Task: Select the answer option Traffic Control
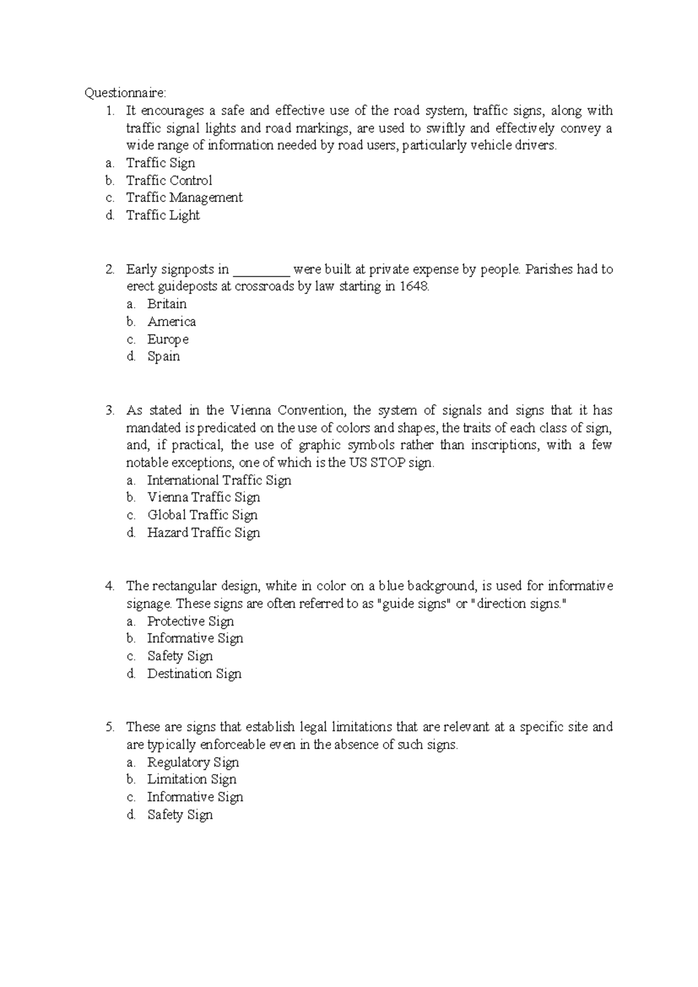coord(169,180)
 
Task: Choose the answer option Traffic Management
coord(184,198)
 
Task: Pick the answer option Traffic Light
coord(163,215)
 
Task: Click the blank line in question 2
coord(261,271)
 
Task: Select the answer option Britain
coord(167,304)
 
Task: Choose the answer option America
coord(172,322)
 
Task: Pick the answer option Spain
coord(163,357)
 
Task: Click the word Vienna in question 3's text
coord(250,411)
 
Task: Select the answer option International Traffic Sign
coord(219,481)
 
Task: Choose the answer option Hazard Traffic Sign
coord(204,533)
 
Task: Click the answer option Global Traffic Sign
coord(202,516)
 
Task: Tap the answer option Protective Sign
coord(190,622)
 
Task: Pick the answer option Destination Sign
coord(194,674)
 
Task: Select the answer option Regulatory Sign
coord(193,762)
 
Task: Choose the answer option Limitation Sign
coord(191,780)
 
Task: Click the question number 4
coord(110,586)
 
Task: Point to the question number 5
coord(110,727)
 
